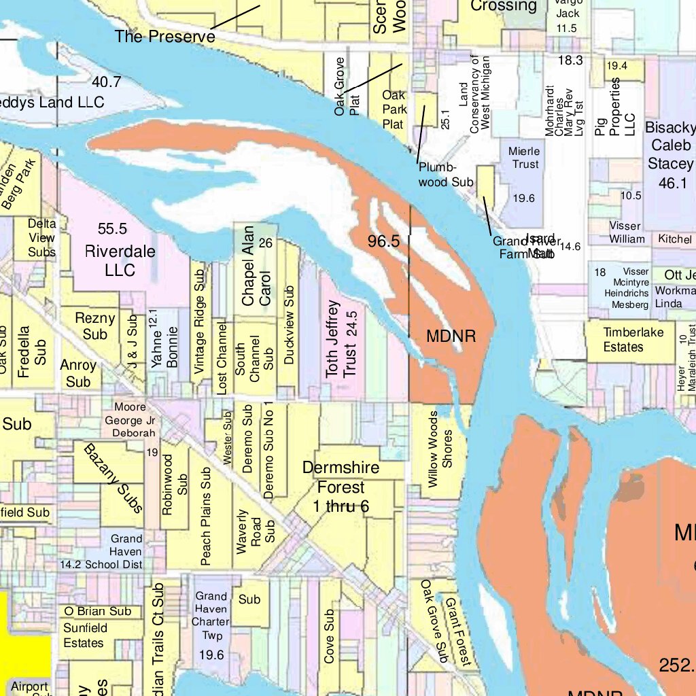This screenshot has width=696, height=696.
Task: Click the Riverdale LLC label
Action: [x=120, y=260]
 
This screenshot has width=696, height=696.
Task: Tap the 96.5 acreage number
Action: [x=383, y=241]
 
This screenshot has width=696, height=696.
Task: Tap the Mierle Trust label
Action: [x=524, y=158]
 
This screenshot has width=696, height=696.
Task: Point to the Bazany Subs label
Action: [x=114, y=478]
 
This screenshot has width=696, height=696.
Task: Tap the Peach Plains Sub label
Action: [x=205, y=516]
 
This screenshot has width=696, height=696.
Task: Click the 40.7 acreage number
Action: [x=107, y=82]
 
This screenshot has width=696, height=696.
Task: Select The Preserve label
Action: [x=164, y=36]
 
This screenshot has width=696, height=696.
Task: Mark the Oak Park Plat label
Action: [x=394, y=110]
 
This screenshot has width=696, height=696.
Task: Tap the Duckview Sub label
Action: [x=290, y=325]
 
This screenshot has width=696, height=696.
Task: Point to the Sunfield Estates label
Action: [x=84, y=635]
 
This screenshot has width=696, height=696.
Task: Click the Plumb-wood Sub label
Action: [x=445, y=175]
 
